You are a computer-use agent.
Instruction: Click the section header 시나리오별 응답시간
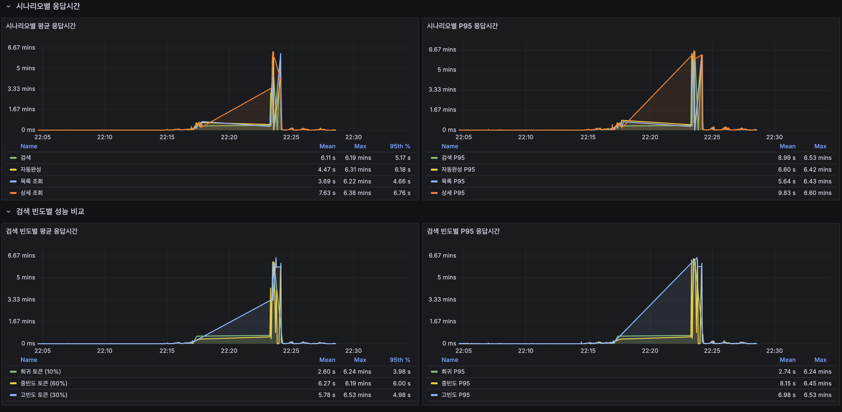[48, 6]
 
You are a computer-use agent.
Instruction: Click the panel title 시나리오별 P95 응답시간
[462, 26]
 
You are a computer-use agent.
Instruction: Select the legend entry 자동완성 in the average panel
[31, 169]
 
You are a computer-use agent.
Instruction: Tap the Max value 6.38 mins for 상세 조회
[357, 193]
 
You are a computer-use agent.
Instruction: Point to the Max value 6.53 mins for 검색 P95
[817, 158]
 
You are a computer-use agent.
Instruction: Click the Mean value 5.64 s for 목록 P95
[787, 181]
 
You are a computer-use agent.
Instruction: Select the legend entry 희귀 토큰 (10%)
[40, 372]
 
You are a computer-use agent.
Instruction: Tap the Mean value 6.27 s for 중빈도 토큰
[327, 384]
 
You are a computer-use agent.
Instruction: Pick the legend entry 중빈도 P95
[455, 384]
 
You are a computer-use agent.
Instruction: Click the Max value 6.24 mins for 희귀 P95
[817, 372]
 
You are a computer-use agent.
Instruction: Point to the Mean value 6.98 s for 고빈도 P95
[787, 395]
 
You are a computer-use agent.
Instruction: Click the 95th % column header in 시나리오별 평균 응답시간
[399, 146]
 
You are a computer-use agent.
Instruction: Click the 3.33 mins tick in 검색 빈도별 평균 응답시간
[21, 300]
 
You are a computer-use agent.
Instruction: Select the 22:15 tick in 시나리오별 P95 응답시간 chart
[588, 137]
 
